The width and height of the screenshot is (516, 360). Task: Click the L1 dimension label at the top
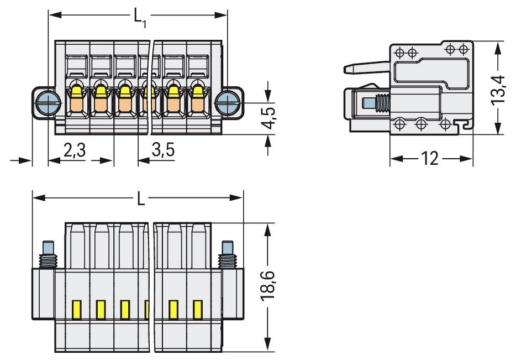[140, 17]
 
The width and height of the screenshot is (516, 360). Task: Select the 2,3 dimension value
[74, 150]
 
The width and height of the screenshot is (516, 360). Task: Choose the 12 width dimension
[430, 160]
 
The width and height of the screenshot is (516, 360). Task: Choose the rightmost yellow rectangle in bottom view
[197, 310]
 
